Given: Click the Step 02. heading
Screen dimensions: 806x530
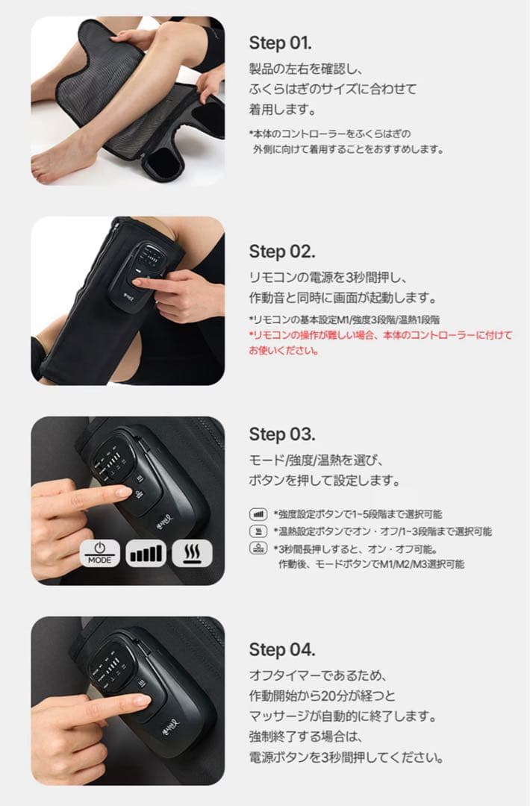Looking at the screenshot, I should (282, 251).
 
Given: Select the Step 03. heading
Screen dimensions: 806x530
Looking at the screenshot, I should (282, 434).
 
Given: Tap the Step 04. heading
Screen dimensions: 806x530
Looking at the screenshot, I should (282, 649).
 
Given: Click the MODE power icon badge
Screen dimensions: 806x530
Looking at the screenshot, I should (100, 554).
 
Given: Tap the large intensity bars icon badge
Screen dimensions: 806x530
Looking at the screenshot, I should (146, 554).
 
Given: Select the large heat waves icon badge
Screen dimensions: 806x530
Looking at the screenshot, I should (192, 554).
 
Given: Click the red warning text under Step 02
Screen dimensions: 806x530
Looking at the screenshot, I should (381, 343).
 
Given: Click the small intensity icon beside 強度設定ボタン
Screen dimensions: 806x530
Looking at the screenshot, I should (257, 514).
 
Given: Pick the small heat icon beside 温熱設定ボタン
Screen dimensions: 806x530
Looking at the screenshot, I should (257, 531).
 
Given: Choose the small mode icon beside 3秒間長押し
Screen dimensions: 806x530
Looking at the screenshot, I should (257, 548).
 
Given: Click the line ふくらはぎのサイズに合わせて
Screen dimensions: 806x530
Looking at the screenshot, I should (332, 89).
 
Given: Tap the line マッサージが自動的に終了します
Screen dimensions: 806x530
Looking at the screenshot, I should (342, 716).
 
